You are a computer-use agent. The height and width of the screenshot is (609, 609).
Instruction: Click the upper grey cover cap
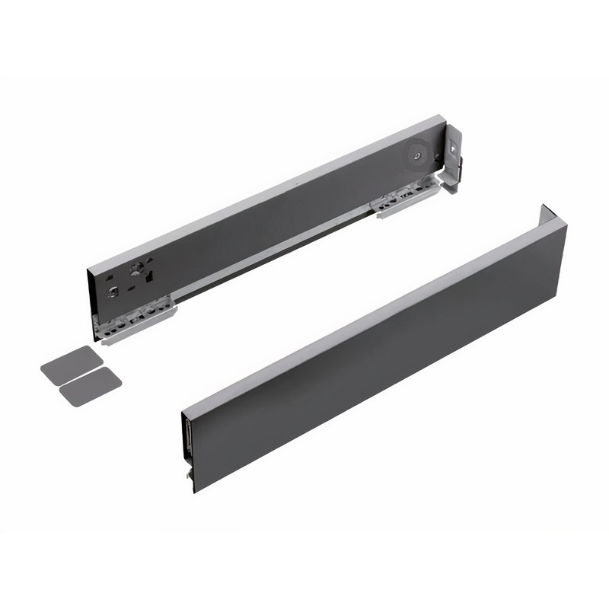click(x=72, y=365)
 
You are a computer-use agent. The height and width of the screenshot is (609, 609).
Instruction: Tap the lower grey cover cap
click(x=90, y=387)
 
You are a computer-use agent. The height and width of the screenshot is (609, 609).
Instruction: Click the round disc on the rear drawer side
click(x=416, y=154)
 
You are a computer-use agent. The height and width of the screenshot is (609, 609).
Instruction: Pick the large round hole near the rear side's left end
click(x=137, y=268)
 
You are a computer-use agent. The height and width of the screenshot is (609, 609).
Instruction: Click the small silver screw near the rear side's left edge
click(x=113, y=290)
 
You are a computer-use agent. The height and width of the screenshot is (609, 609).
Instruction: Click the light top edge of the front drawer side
click(x=373, y=313)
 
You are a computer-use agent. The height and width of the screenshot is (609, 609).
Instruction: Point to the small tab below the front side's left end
click(x=187, y=473)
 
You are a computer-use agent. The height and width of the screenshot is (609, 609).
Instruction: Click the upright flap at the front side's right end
click(x=548, y=214)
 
